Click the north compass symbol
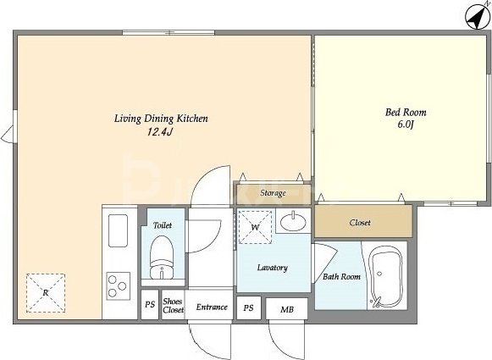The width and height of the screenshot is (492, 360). pyautogui.click(x=477, y=16)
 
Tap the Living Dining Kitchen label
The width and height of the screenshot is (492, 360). pyautogui.click(x=161, y=119)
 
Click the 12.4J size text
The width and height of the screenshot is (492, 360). pyautogui.click(x=160, y=132)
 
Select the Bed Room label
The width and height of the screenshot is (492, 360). pyautogui.click(x=406, y=112)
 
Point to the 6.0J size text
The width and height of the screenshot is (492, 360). pyautogui.click(x=406, y=125)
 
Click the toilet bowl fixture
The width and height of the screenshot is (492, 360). pyautogui.click(x=162, y=258)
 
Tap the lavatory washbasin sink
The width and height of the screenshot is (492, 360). pyautogui.click(x=293, y=222)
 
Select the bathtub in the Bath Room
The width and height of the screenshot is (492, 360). pyautogui.click(x=386, y=276)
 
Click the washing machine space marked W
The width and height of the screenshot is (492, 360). pyautogui.click(x=255, y=227)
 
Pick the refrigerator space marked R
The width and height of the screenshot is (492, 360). pyautogui.click(x=46, y=293)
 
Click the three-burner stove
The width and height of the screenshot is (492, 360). pyautogui.click(x=118, y=286)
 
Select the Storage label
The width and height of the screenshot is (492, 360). pyautogui.click(x=273, y=193)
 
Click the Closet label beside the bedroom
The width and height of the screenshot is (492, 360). pyautogui.click(x=360, y=223)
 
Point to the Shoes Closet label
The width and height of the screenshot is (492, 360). pyautogui.click(x=173, y=306)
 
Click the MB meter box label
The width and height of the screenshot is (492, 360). pyautogui.click(x=287, y=310)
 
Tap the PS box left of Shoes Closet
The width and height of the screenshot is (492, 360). pyautogui.click(x=150, y=304)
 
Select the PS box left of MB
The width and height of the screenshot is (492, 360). pyautogui.click(x=248, y=307)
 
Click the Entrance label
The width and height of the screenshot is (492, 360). pyautogui.click(x=212, y=307)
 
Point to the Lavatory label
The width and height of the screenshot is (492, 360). pyautogui.click(x=273, y=268)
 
